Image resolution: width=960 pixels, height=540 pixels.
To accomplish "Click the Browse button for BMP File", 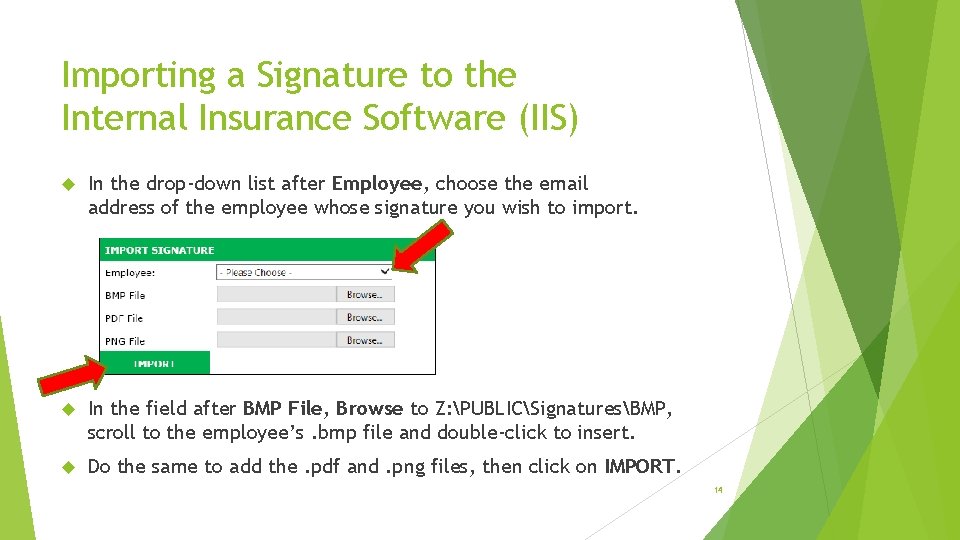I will point(365,295).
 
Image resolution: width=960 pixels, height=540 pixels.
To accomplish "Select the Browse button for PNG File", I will point(365,340).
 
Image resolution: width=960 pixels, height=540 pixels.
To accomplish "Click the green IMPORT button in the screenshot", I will point(155,363).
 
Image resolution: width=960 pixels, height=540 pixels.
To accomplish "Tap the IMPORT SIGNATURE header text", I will point(160,250).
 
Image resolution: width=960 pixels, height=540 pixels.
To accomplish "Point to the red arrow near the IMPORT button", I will point(73,376).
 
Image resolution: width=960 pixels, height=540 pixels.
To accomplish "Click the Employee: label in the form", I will point(130,272).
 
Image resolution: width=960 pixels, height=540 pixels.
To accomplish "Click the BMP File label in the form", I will point(125,295).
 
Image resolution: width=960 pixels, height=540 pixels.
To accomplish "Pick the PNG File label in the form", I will point(125,341).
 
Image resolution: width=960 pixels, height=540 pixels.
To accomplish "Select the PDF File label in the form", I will point(124,318).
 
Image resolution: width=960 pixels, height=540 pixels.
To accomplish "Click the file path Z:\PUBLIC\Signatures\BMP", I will point(554,408).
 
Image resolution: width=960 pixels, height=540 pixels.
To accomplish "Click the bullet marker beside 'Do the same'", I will point(69,467).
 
